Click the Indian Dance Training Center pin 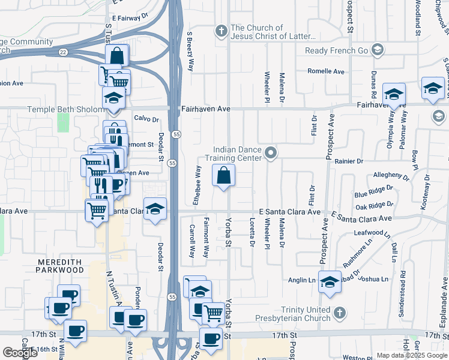click(x=271, y=153)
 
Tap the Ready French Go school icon click(x=378, y=49)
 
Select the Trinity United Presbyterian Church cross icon click(x=339, y=313)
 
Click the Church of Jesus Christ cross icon click(x=221, y=30)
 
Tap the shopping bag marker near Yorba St click(x=223, y=176)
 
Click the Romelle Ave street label click(x=326, y=71)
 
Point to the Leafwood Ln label click(x=373, y=232)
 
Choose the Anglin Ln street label click(x=303, y=280)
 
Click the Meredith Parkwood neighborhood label click(x=60, y=266)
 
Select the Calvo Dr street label click(x=146, y=118)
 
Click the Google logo click(x=20, y=353)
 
